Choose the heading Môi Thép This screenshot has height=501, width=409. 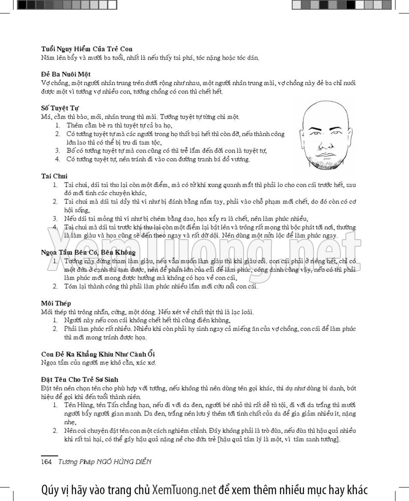click(x=55, y=303)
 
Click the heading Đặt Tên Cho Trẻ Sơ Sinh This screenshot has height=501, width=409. click(x=83, y=378)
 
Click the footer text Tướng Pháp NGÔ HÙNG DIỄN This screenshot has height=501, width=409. click(x=105, y=462)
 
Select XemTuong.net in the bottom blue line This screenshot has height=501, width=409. click(x=183, y=490)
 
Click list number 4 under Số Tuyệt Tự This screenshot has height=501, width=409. click(x=58, y=159)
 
